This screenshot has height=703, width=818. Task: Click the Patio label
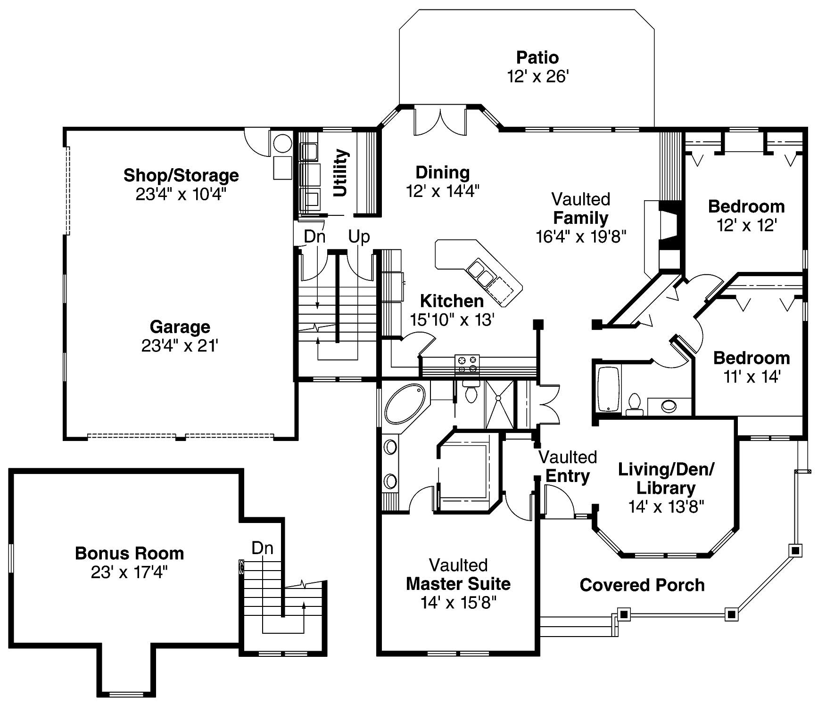tap(537, 57)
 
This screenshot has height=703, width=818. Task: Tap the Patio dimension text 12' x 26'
tap(538, 76)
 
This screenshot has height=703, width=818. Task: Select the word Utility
tap(340, 173)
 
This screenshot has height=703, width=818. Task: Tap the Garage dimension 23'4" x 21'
tap(180, 346)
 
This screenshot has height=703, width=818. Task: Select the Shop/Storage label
tap(181, 175)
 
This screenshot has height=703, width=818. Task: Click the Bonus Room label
tap(129, 553)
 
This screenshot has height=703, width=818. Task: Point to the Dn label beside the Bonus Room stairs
tap(262, 548)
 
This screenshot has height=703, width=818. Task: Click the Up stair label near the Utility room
tap(359, 237)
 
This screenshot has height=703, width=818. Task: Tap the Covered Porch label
tap(642, 585)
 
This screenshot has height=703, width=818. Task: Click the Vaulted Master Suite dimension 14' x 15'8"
tap(458, 603)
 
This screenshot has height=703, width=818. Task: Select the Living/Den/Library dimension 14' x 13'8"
tap(666, 507)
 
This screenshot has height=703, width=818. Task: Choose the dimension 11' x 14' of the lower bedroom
tap(752, 377)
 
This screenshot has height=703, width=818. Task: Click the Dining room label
tap(442, 172)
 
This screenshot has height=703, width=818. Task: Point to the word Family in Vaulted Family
tap(580, 218)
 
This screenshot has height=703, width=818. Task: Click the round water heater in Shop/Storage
tap(283, 143)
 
